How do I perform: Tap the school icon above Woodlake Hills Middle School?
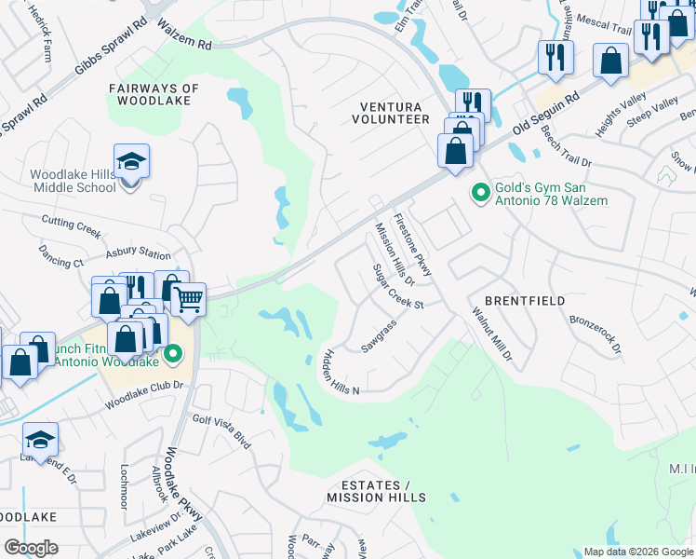pos(132,161)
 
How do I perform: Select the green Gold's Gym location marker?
pos(480,193)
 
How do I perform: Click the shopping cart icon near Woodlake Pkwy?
pos(189,299)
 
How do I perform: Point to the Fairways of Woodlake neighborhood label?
pos(154,95)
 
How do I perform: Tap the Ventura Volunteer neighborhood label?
pos(390,113)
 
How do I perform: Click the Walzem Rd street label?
pos(184,34)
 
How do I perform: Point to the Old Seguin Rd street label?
pos(548,114)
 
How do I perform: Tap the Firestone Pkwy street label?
pos(413,245)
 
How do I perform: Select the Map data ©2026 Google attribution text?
pos(637,552)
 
